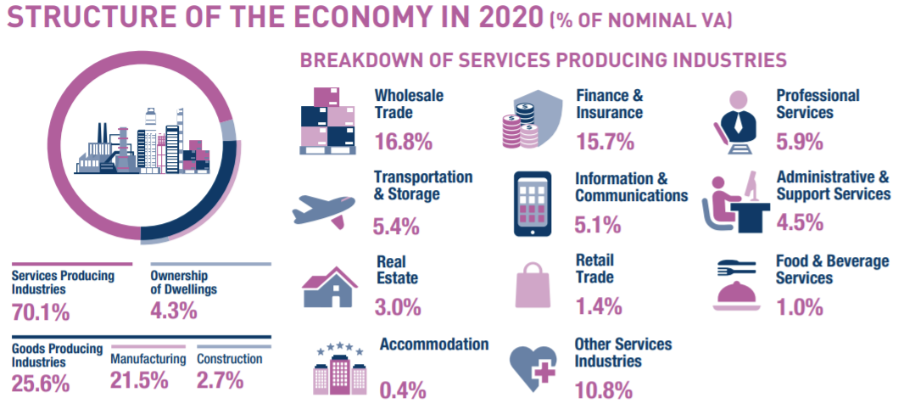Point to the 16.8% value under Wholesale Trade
[x=404, y=141]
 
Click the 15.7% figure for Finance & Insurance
[x=605, y=141]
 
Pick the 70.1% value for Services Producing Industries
[x=41, y=313]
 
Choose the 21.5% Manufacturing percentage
[x=139, y=380]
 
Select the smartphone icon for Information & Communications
[x=532, y=204]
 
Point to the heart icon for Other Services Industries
[x=533, y=367]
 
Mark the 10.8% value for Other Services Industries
[x=605, y=390]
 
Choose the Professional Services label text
[x=818, y=104]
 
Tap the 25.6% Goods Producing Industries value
[x=41, y=384]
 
